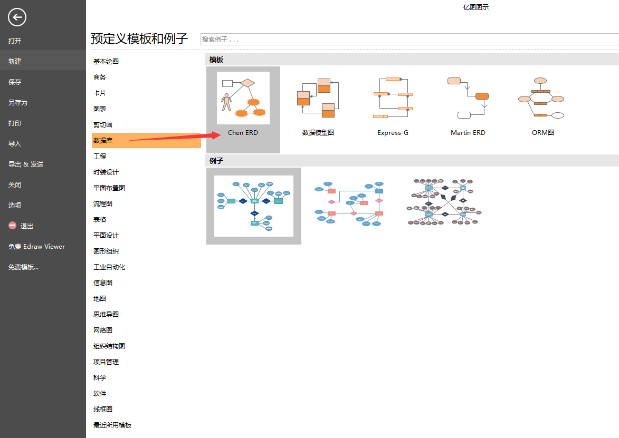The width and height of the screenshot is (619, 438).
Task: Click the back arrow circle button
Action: tap(17, 17)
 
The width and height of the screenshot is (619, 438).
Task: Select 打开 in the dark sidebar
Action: tap(15, 41)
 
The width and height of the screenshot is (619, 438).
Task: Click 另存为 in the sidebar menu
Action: tap(18, 102)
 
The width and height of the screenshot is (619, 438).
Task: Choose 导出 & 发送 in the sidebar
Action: tap(26, 164)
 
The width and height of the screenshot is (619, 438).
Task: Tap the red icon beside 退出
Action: tap(13, 226)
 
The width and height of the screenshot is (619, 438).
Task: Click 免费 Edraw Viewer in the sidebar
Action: tap(37, 246)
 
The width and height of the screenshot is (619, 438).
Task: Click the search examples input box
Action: tap(409, 39)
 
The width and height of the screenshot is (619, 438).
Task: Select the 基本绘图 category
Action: tap(106, 61)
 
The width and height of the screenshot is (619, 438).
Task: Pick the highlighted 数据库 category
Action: tap(103, 140)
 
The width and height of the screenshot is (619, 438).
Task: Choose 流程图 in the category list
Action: tap(103, 203)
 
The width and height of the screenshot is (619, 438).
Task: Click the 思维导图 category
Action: tap(106, 314)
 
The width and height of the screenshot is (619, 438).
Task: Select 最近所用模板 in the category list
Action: tap(112, 425)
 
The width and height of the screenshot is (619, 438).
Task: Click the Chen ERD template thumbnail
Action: tap(243, 98)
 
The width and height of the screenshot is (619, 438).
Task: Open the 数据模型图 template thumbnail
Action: tap(318, 98)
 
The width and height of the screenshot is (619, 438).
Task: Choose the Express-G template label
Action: tap(393, 133)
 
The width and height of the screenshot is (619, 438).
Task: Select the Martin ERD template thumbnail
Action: tap(468, 98)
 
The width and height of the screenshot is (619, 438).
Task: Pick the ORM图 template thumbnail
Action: tap(542, 98)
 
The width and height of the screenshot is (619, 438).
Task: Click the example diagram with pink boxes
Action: tap(349, 205)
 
